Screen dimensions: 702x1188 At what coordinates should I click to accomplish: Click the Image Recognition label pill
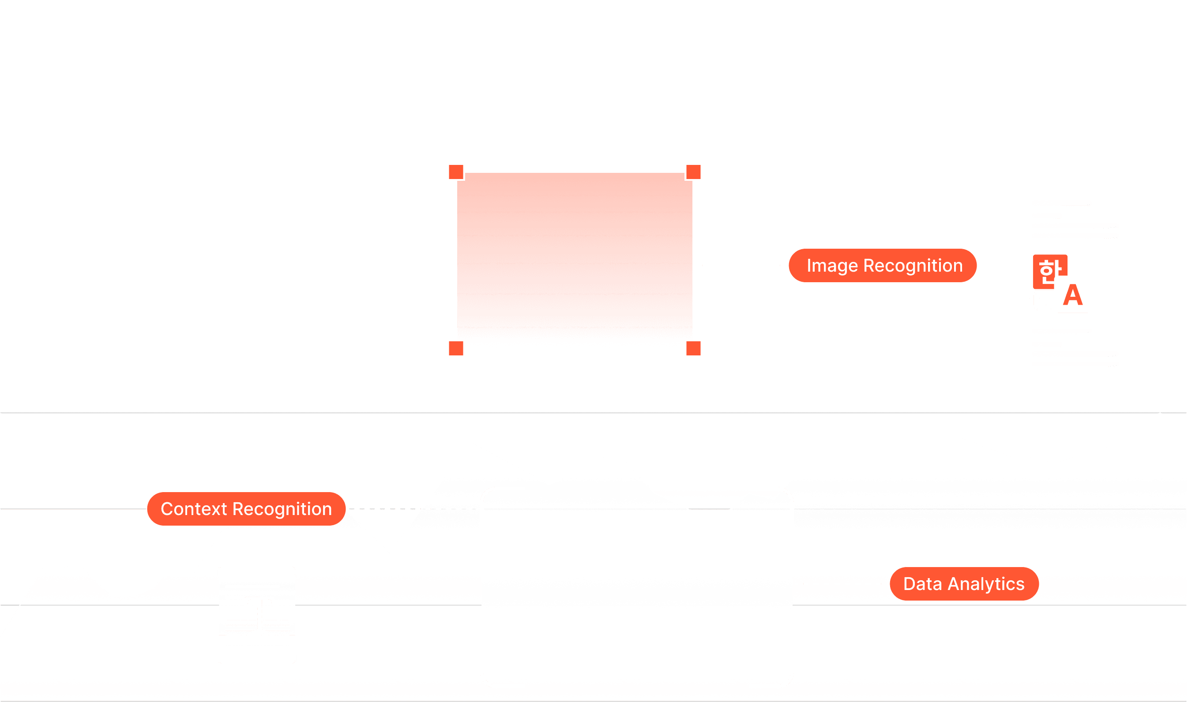[883, 265]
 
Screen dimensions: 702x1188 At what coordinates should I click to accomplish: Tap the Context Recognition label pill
[246, 509]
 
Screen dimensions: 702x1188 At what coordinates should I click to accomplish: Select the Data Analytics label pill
[964, 584]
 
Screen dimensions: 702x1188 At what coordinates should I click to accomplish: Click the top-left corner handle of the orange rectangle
[456, 172]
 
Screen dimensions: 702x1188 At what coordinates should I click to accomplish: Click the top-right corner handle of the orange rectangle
[693, 172]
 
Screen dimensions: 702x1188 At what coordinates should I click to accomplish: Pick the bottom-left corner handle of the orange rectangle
[456, 348]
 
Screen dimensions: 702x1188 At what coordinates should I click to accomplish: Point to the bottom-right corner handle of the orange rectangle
[693, 348]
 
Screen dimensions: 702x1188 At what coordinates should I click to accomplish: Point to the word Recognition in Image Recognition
[913, 265]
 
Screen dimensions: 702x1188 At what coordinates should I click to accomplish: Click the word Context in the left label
[194, 509]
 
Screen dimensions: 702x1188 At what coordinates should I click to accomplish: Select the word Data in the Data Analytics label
[922, 584]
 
